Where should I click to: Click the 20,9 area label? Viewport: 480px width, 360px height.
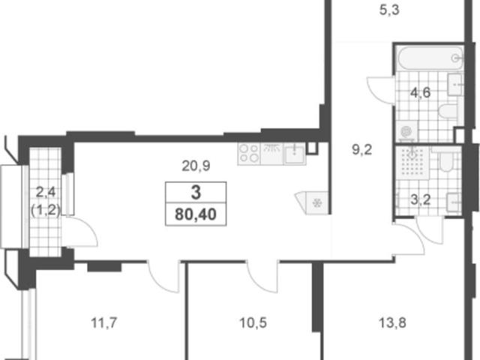tap(196, 166)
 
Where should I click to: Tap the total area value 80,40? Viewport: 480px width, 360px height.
tap(196, 214)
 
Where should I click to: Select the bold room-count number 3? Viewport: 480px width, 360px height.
tap(196, 193)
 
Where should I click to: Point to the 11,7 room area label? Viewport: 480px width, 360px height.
tap(104, 322)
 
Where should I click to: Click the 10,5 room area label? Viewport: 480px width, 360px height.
tap(253, 322)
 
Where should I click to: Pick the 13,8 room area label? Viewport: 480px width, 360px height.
tap(392, 322)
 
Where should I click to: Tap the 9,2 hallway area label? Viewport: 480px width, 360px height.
tap(362, 150)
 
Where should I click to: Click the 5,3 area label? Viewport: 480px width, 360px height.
tap(389, 10)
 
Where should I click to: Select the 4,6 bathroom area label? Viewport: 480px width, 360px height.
tap(421, 92)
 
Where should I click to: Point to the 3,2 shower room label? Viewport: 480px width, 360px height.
tap(421, 200)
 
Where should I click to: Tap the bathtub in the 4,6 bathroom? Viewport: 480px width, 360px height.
tap(430, 58)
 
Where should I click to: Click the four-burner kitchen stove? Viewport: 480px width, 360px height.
tap(248, 154)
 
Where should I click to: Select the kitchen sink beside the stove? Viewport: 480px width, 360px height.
tap(294, 154)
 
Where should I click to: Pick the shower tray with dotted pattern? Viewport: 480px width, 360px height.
tap(412, 163)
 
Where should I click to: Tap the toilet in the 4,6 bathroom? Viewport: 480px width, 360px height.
tap(448, 111)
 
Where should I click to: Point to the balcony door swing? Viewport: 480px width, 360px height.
tap(80, 232)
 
